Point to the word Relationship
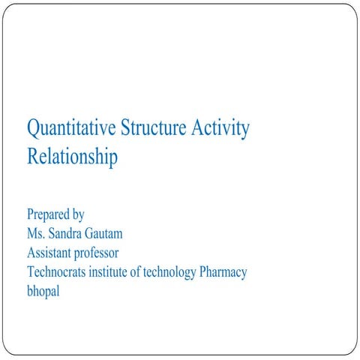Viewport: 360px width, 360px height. click(x=72, y=157)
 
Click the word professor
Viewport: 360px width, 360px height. click(x=100, y=252)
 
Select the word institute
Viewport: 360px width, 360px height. click(x=115, y=271)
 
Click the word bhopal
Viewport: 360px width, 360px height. click(x=43, y=291)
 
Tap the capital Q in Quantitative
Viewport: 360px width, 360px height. click(x=34, y=129)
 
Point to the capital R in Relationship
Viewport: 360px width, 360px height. click(x=32, y=157)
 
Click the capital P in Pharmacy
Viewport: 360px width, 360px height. click(x=203, y=271)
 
